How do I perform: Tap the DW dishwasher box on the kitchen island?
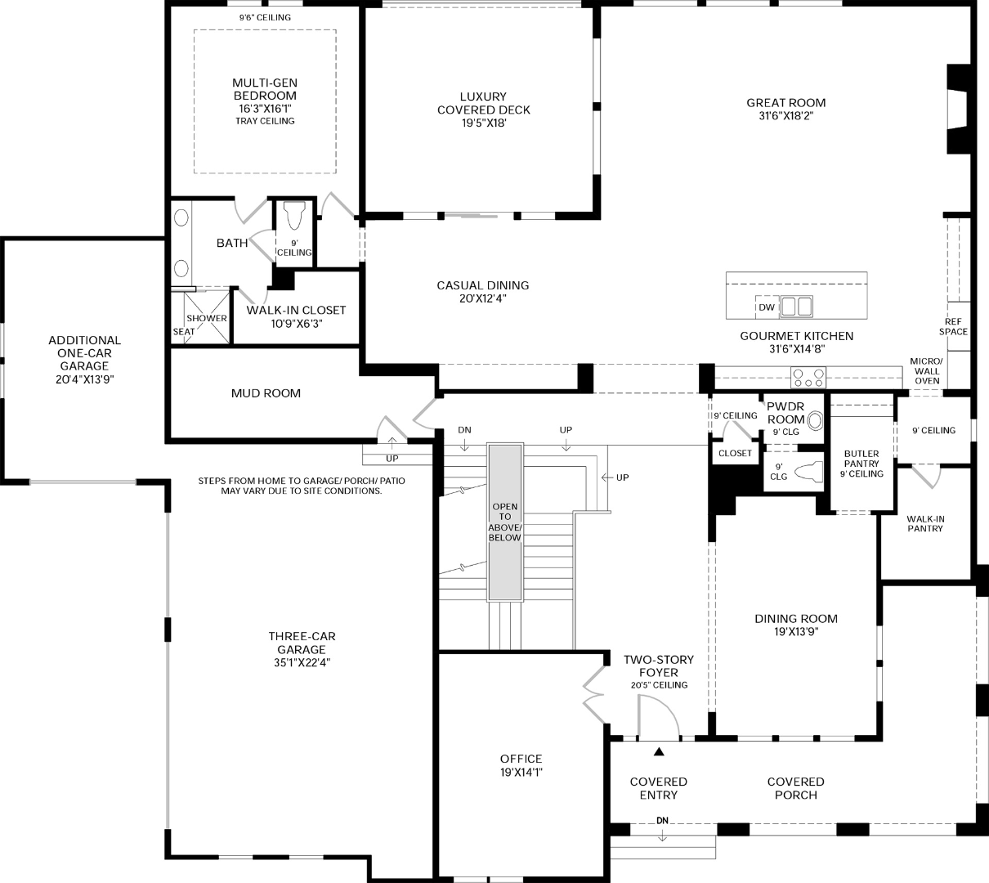pyautogui.click(x=767, y=307)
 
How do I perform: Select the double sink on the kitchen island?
pyautogui.click(x=796, y=307)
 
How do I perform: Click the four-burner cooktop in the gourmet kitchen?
pyautogui.click(x=808, y=378)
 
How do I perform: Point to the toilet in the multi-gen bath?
pyautogui.click(x=294, y=215)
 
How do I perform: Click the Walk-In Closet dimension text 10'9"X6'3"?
pyautogui.click(x=297, y=323)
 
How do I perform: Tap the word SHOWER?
pyautogui.click(x=207, y=318)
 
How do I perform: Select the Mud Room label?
pyautogui.click(x=266, y=393)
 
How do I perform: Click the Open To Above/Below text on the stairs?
pyautogui.click(x=505, y=522)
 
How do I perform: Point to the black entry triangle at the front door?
pyautogui.click(x=659, y=751)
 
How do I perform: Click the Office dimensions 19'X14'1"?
pyautogui.click(x=521, y=772)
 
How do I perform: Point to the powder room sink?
pyautogui.click(x=815, y=421)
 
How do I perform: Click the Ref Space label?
pyautogui.click(x=953, y=327)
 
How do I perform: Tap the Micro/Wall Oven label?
pyautogui.click(x=927, y=371)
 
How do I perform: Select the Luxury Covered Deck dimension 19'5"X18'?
pyautogui.click(x=483, y=123)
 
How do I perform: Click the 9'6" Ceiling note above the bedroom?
pyautogui.click(x=265, y=18)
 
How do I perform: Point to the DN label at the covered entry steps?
pyautogui.click(x=662, y=821)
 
